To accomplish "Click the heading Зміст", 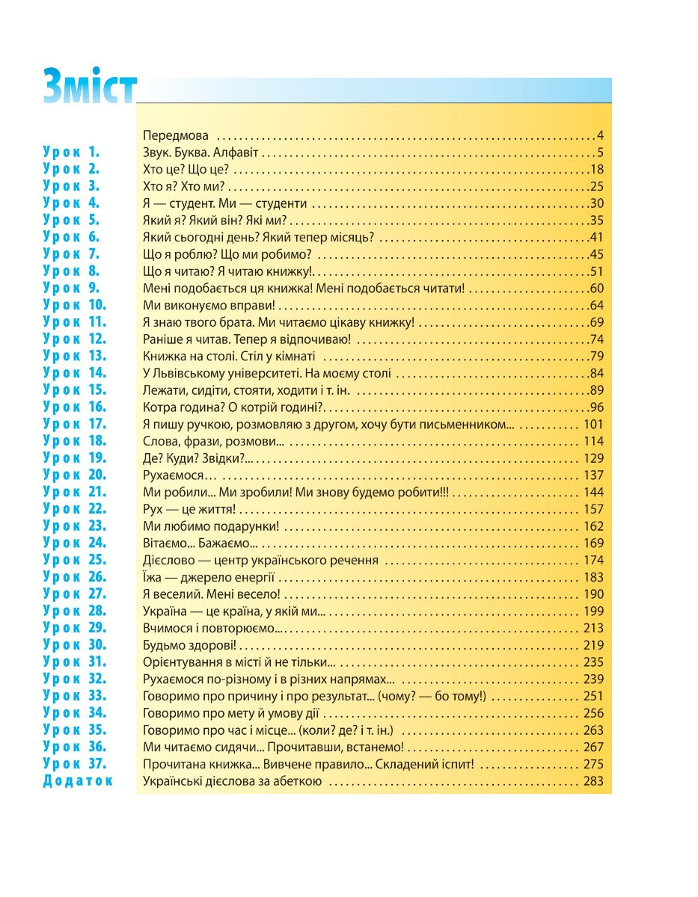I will click(x=90, y=87).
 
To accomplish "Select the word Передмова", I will click(x=175, y=136).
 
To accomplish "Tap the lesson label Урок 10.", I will click(x=75, y=305).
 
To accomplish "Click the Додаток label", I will click(x=78, y=781).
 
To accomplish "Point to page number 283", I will click(x=593, y=782).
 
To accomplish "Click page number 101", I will click(x=593, y=425).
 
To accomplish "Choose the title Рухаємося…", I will click(x=179, y=475).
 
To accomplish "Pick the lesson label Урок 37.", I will click(x=75, y=764).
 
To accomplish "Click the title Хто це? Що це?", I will click(x=186, y=170).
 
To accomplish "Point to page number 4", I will click(x=600, y=136).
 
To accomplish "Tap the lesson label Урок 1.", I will click(x=71, y=152).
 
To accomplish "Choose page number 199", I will click(x=593, y=611).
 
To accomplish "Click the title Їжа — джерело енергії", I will click(x=209, y=577).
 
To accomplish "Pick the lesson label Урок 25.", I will click(x=75, y=561).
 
